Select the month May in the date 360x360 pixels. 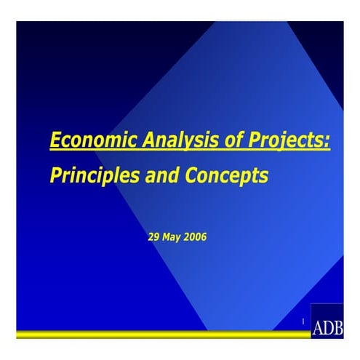click(173, 236)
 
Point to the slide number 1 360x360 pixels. click(302, 321)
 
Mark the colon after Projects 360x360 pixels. click(327, 141)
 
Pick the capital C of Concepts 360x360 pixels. click(199, 175)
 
